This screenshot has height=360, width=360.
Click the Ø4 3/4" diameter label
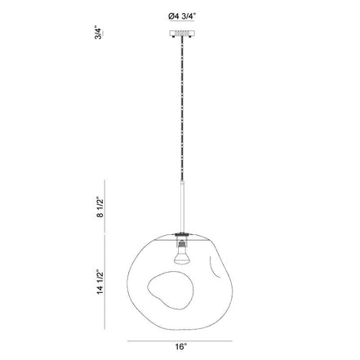182,16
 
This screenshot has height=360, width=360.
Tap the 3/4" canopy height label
99,33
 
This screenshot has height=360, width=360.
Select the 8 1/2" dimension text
100,208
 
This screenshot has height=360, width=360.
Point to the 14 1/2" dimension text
100,282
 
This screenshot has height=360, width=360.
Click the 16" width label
181,347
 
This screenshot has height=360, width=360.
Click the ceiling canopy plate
182,33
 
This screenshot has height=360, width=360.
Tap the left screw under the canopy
174,37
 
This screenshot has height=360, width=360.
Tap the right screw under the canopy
191,37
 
